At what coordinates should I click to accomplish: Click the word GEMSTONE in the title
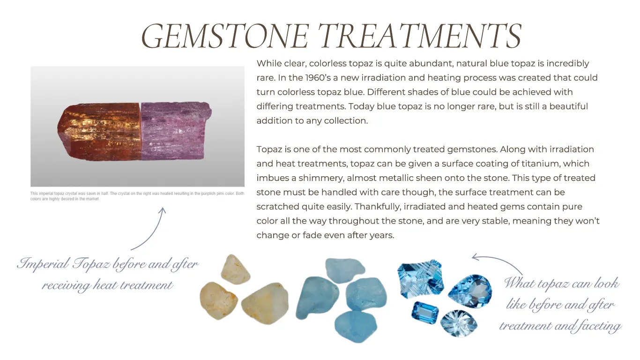[x=225, y=36]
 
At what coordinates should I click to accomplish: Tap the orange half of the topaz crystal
[x=99, y=132]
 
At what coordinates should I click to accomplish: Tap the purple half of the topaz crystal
[x=176, y=130]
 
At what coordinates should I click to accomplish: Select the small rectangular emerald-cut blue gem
[x=425, y=313]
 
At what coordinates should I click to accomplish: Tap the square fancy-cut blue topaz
[x=420, y=279]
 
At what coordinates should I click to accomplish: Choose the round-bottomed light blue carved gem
[x=459, y=323]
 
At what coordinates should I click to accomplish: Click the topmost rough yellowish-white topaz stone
[x=235, y=270]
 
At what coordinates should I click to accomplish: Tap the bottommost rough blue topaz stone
[x=356, y=327]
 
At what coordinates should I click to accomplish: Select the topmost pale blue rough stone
[x=345, y=270]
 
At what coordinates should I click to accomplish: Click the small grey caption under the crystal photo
[x=137, y=196]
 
